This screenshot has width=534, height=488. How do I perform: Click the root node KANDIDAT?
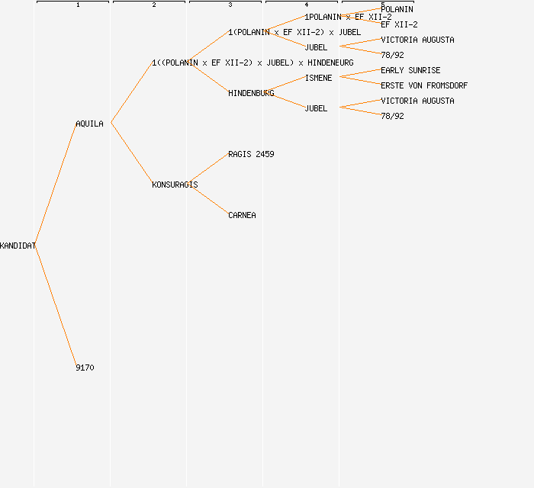coord(18,246)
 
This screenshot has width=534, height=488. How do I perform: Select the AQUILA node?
coord(89,124)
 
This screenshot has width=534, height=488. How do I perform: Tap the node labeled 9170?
coord(85,368)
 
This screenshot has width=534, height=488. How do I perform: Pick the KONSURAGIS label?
coord(175,185)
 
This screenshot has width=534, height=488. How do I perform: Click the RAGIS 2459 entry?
coord(251,154)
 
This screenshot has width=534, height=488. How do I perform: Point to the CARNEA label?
coord(242,215)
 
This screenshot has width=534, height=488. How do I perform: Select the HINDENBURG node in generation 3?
coord(251,93)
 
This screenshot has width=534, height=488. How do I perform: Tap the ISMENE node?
coord(318,78)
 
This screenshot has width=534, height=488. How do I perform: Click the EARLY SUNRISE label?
coord(410,70)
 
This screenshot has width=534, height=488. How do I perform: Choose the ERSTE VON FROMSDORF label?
coord(424,85)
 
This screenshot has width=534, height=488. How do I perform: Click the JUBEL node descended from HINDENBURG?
coord(316,108)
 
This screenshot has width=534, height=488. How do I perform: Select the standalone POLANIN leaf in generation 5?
coord(397,9)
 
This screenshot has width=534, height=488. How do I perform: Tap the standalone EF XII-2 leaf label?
coord(399,24)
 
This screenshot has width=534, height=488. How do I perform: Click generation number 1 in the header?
coord(78,5)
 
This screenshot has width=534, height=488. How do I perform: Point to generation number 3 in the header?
coord(230,5)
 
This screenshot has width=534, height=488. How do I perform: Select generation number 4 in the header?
coord(307,5)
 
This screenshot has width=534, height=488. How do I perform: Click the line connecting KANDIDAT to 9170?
coord(56,307)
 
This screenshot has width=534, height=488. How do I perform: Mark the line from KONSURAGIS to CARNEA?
coord(208,200)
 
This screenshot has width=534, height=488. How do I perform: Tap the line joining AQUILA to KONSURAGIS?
coord(131,153)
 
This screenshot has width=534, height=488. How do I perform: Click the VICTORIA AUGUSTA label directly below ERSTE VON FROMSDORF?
coord(417,101)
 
